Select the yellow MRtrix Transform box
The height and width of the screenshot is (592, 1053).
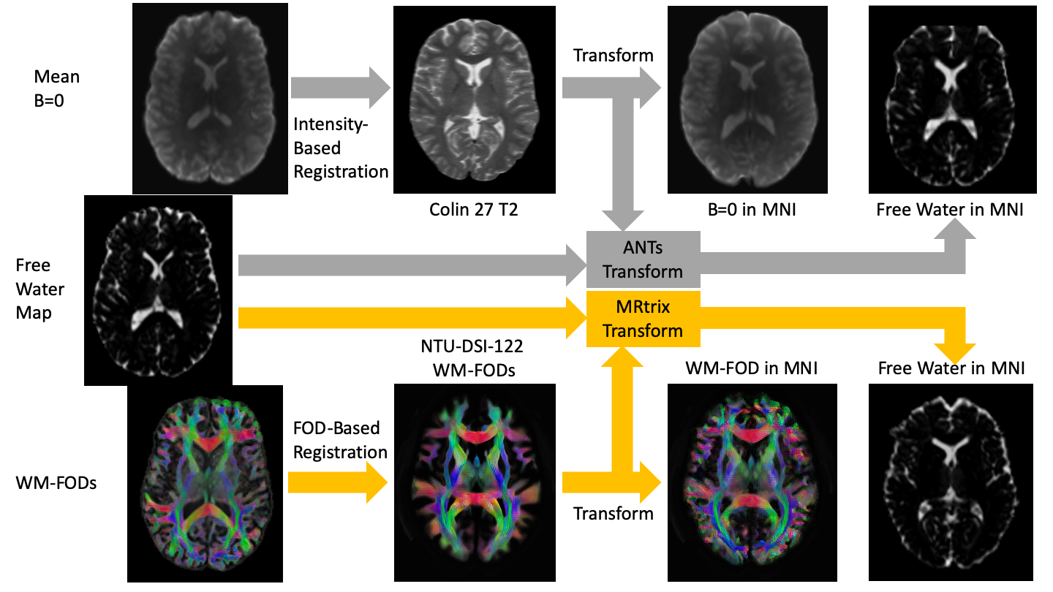643,319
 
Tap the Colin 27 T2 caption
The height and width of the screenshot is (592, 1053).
467,211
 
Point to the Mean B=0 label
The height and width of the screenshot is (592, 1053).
57,88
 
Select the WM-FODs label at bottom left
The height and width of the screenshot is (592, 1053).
56,483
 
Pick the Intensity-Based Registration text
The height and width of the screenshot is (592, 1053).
340,148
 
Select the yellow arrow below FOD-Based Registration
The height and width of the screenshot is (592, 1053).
336,482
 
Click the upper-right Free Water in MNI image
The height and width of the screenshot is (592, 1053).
951,99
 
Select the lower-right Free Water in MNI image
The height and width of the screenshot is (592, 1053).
951,482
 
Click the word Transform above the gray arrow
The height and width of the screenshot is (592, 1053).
613,56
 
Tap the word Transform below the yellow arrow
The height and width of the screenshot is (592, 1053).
613,513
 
